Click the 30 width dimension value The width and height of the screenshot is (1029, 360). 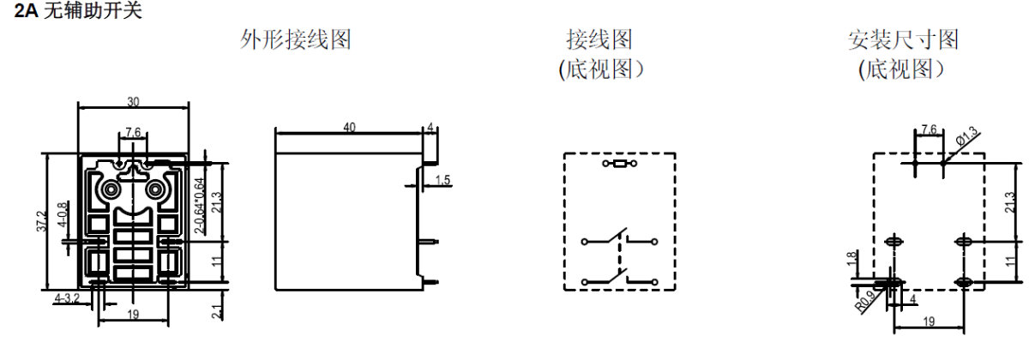pos(133,101)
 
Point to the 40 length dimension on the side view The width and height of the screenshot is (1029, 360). pos(349,126)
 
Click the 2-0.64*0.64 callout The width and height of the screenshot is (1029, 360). pos(200,206)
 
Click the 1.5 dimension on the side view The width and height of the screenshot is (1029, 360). pos(443,180)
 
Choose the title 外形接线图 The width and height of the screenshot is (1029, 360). pos(295,39)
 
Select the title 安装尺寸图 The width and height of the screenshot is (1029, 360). pos(903,39)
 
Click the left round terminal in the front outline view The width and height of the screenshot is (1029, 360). pos(111,189)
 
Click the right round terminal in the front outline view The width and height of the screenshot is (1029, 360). pos(156,189)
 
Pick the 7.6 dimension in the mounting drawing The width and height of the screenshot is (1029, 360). pos(928,130)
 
